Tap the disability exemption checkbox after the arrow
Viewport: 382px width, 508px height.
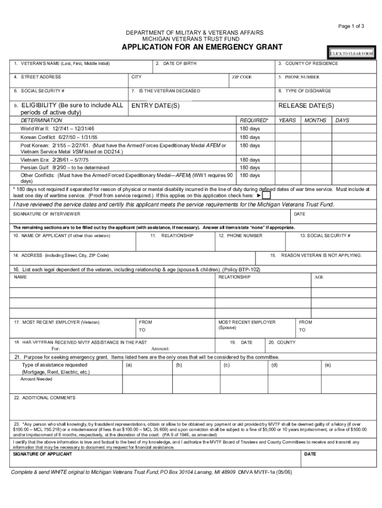click(266, 195)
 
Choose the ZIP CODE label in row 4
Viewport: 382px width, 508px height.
click(242, 77)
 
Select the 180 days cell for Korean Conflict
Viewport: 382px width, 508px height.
click(250, 137)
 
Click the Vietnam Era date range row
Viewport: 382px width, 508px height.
click(55, 160)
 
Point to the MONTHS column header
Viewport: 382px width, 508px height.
click(316, 121)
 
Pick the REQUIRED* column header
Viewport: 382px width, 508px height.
click(254, 121)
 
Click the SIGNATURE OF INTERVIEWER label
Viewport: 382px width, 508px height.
click(47, 214)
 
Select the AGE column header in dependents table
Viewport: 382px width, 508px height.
click(319, 277)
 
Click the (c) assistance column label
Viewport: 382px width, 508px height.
click(226, 365)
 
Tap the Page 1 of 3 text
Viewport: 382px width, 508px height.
click(351, 26)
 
